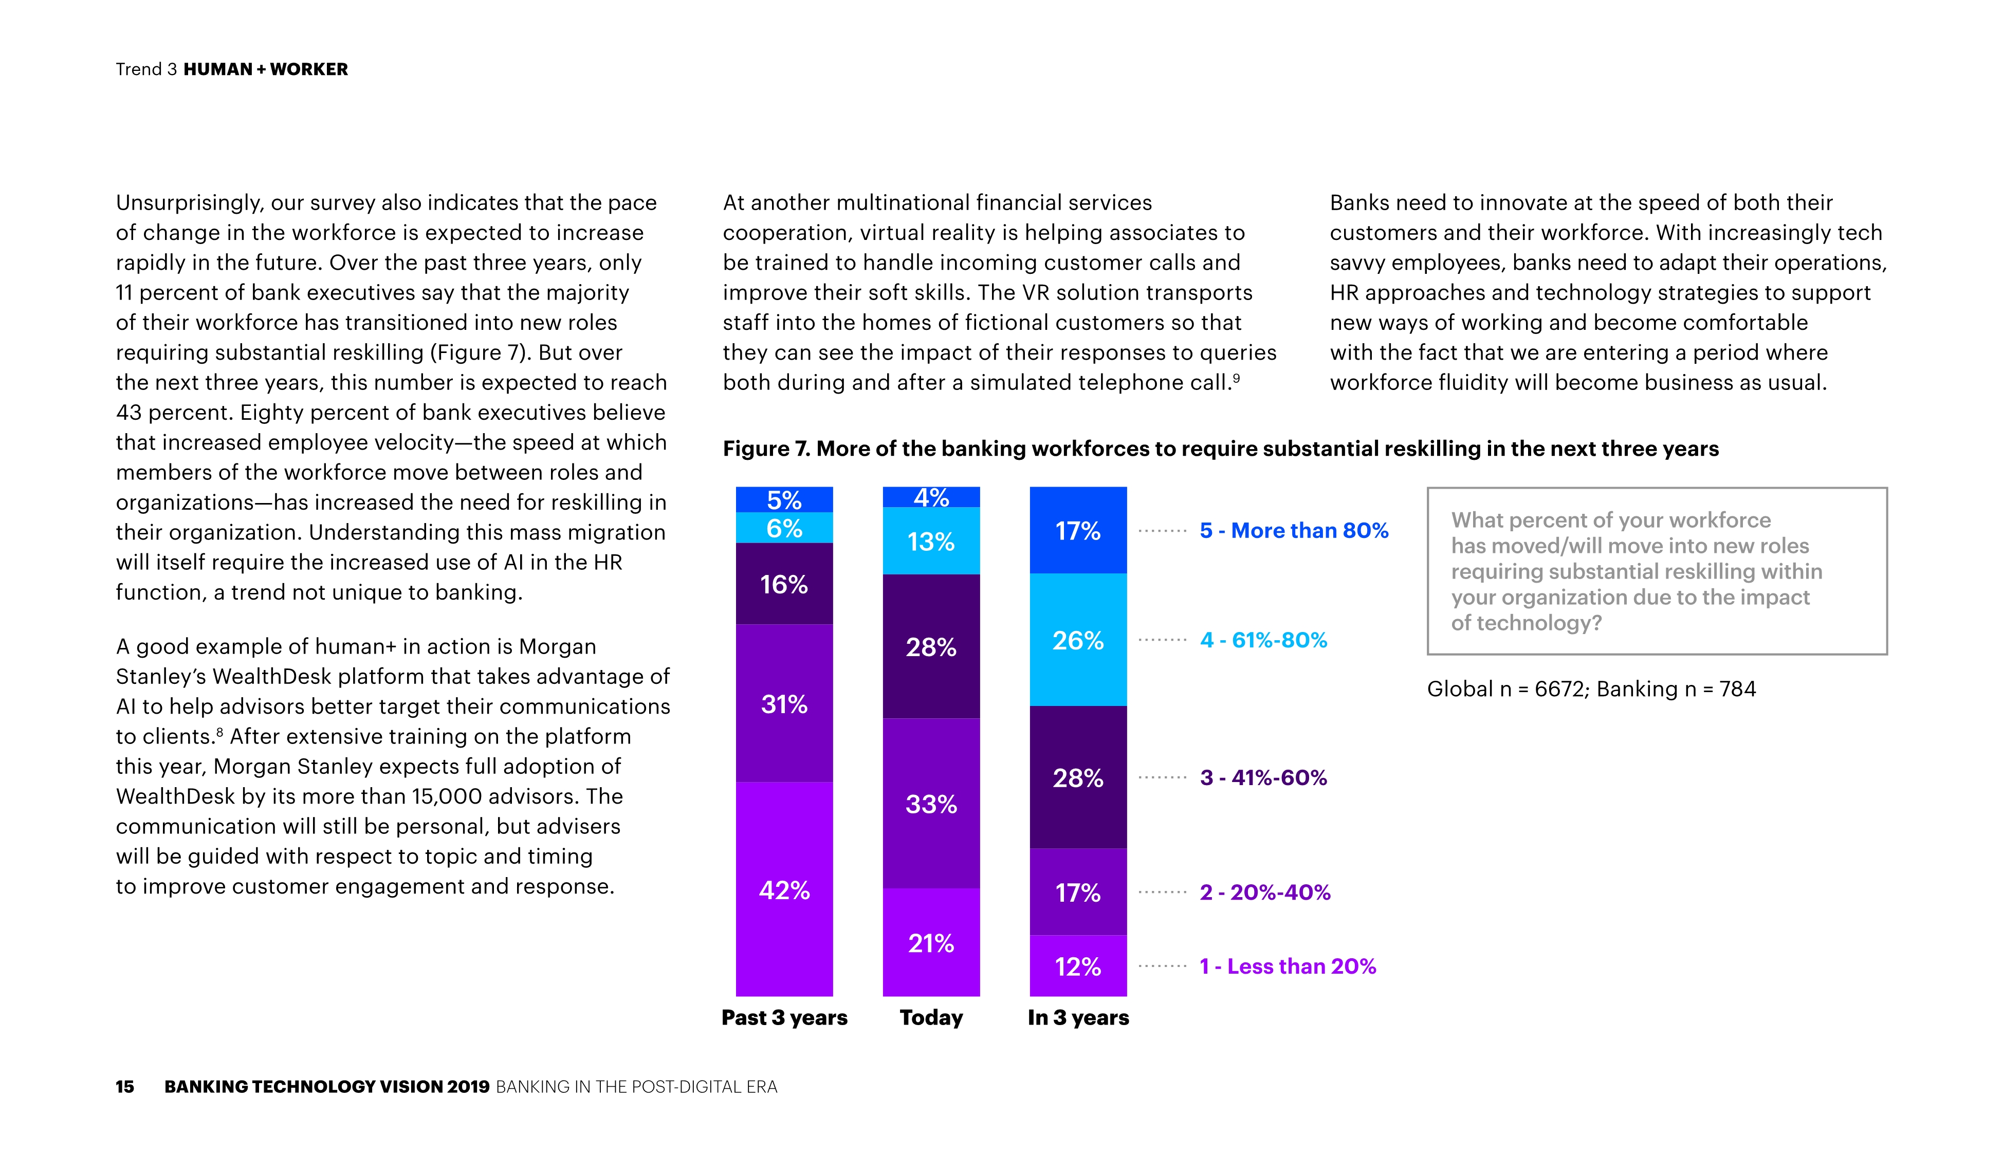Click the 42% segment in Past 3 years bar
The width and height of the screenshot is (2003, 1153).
pyautogui.click(x=784, y=889)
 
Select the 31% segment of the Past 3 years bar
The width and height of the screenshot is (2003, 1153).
pyautogui.click(x=784, y=703)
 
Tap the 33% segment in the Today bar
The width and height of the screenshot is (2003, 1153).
pyautogui.click(x=931, y=804)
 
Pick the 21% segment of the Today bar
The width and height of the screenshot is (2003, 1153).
pyautogui.click(x=931, y=942)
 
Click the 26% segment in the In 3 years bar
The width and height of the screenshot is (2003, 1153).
pyautogui.click(x=1077, y=639)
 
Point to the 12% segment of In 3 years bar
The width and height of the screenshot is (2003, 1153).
pyautogui.click(x=1077, y=965)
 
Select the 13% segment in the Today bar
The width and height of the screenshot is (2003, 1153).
pyautogui.click(x=931, y=541)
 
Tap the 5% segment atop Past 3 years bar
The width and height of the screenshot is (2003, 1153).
pyautogui.click(x=784, y=499)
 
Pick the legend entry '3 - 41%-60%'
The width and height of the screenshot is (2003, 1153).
pyautogui.click(x=1263, y=777)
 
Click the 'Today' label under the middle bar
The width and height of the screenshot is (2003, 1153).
pyautogui.click(x=931, y=1017)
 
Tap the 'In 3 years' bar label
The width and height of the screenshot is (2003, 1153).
pyautogui.click(x=1077, y=1017)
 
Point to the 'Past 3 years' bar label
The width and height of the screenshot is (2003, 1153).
pyautogui.click(x=784, y=1017)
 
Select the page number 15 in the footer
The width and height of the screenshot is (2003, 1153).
pyautogui.click(x=125, y=1087)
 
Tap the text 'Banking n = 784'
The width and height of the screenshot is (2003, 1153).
pyautogui.click(x=1676, y=689)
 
